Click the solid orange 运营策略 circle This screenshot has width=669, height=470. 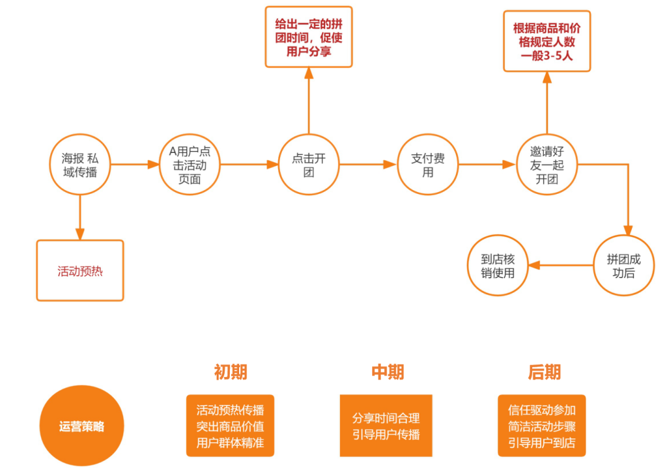[x=82, y=425]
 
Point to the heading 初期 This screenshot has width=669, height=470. [x=230, y=372]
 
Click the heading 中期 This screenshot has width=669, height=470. [x=387, y=372]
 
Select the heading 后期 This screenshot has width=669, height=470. [x=544, y=372]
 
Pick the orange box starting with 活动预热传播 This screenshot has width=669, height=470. [x=230, y=425]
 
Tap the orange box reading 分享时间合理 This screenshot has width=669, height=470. [x=386, y=425]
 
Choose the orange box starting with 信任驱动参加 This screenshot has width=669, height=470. [x=541, y=425]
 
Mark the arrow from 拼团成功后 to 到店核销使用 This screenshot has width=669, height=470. [x=561, y=265]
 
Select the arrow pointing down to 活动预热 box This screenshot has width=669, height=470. [x=80, y=217]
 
